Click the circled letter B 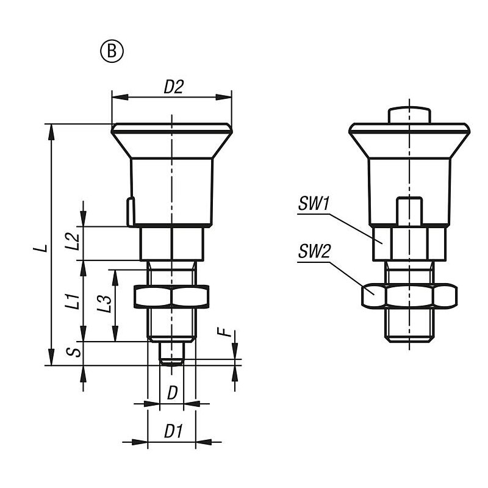point(112,51)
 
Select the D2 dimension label point(174,87)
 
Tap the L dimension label point(41,248)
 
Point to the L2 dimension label point(72,242)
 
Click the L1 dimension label point(72,301)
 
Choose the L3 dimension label point(104,304)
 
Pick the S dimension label point(74,352)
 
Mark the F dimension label point(225,332)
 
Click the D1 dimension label point(173,431)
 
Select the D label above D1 point(172,393)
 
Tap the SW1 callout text point(314,204)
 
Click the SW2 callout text point(314,251)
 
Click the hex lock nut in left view point(171,296)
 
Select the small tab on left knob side point(131,211)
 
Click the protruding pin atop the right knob point(409,115)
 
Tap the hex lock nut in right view point(409,296)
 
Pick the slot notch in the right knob point(409,210)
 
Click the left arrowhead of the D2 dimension point(120,97)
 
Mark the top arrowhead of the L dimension point(51,132)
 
